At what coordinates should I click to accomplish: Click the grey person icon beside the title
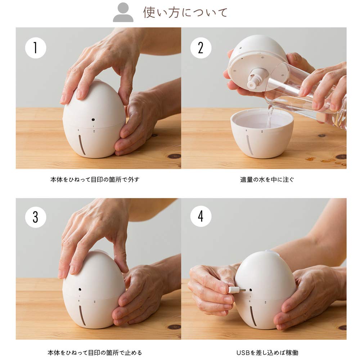click(x=123, y=12)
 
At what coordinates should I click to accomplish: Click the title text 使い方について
click(x=185, y=12)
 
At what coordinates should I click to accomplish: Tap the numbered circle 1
click(x=36, y=48)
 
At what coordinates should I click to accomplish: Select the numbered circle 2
click(x=201, y=48)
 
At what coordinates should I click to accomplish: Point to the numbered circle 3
click(x=36, y=217)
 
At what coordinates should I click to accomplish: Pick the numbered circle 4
click(x=201, y=216)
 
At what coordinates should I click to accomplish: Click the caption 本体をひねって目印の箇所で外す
click(x=95, y=180)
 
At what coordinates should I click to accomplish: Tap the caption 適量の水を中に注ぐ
click(x=267, y=180)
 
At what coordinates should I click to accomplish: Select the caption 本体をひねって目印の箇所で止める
click(x=95, y=352)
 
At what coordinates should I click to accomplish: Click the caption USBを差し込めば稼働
click(x=267, y=352)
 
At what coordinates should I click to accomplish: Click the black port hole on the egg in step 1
click(x=93, y=120)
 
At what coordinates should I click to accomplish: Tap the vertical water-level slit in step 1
click(x=82, y=145)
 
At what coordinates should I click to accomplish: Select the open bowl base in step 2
click(x=262, y=134)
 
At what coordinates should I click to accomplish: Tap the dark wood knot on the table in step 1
click(x=174, y=156)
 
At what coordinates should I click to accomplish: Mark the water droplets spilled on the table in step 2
click(x=326, y=161)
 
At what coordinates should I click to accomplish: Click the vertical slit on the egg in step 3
click(x=82, y=315)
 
